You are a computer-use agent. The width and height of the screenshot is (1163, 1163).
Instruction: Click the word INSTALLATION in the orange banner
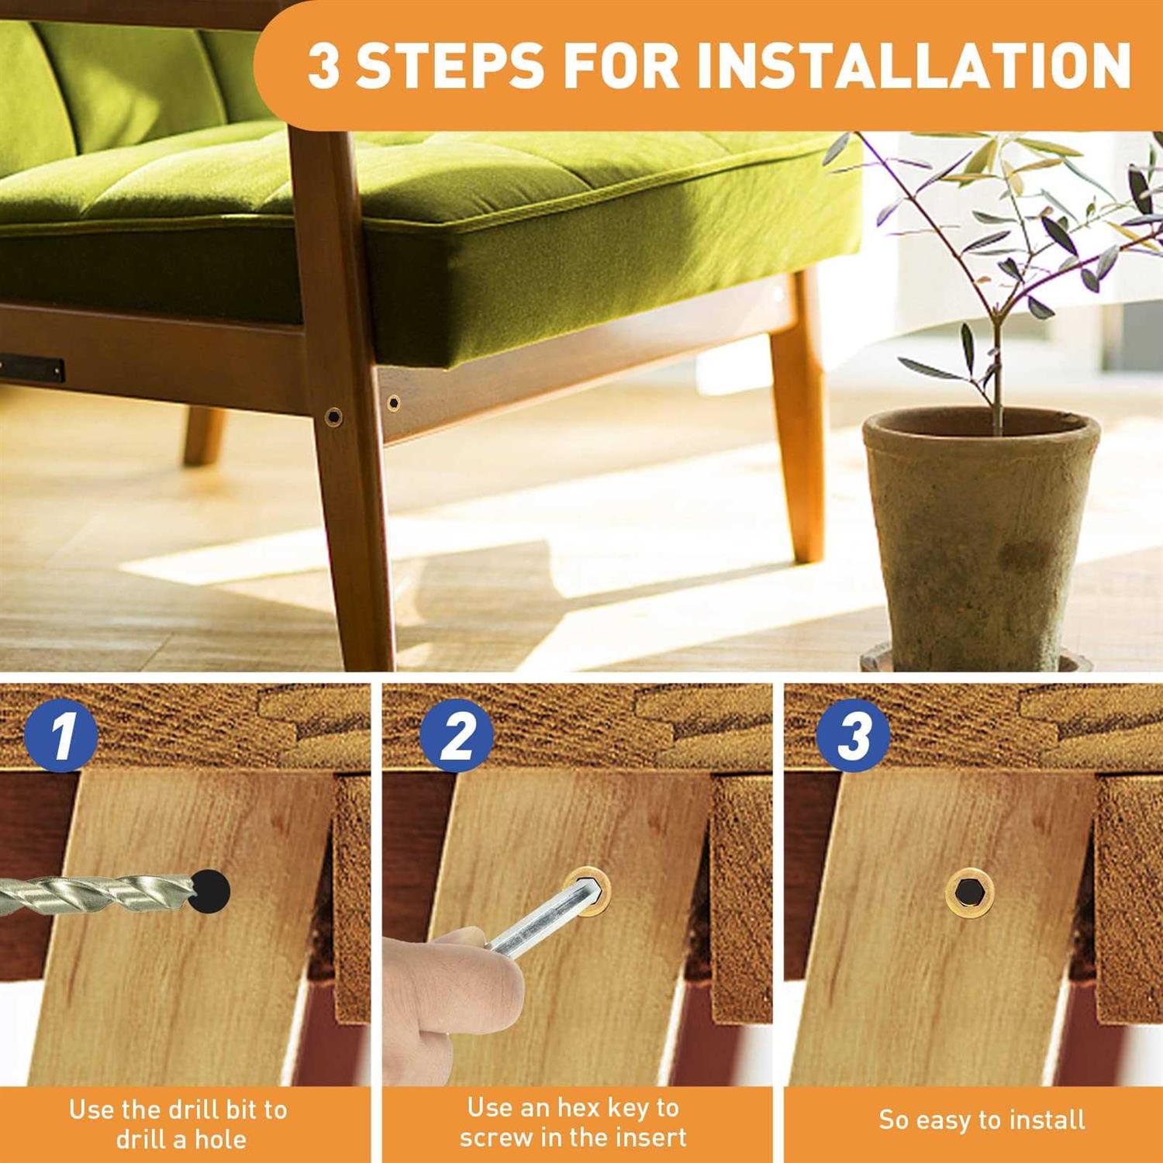(x=915, y=65)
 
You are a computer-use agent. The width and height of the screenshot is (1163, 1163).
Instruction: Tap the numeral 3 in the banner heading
(x=324, y=65)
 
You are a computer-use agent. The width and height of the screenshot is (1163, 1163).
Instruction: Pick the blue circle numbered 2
(x=457, y=735)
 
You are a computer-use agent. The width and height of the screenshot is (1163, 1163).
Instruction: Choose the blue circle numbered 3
(x=853, y=735)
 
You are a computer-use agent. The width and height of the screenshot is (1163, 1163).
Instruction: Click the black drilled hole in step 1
(x=211, y=890)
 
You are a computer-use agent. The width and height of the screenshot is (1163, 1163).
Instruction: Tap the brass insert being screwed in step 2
(x=587, y=892)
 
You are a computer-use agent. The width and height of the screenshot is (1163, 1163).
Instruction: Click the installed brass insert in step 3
(x=970, y=892)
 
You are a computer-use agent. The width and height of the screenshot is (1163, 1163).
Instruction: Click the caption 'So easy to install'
(x=982, y=1120)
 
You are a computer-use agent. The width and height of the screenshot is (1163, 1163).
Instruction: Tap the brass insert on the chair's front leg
(x=333, y=416)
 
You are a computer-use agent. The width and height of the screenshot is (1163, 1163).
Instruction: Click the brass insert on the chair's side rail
(x=394, y=402)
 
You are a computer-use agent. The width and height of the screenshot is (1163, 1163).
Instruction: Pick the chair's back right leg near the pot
(x=799, y=419)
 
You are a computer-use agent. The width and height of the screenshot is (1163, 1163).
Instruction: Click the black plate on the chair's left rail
(x=31, y=368)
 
